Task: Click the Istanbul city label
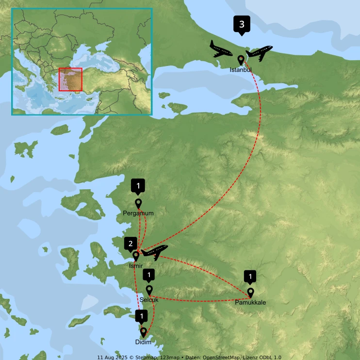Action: coord(241,70)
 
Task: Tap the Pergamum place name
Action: coord(138,213)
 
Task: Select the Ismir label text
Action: coord(136,266)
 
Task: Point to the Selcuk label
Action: coord(149,300)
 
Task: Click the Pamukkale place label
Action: coord(250,303)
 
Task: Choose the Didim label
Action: coord(144,342)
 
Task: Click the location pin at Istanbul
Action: coord(241,60)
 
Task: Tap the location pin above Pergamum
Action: coord(138,203)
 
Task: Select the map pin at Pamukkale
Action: coord(250,292)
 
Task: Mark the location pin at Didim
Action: coord(144,332)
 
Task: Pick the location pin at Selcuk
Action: coord(149,289)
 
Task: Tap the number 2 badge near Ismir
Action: coord(130,244)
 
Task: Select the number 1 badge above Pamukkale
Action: coord(250,277)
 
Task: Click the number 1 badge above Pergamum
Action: coord(138,185)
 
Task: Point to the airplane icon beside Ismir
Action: coord(155,251)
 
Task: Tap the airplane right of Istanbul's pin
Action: coord(260,52)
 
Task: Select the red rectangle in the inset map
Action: coord(70,79)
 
